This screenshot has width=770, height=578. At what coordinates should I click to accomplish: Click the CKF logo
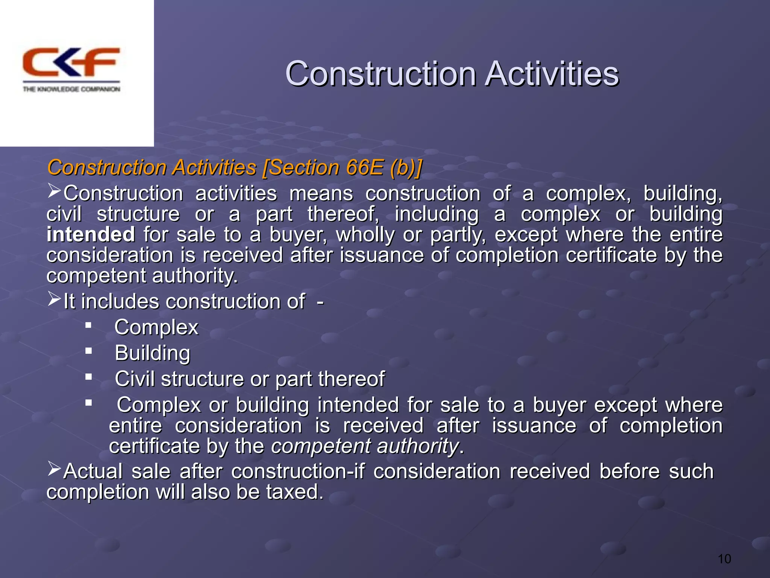[x=71, y=62]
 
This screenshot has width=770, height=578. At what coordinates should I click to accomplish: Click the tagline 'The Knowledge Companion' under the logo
[x=71, y=89]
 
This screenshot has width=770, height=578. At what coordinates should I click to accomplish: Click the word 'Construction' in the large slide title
[x=380, y=74]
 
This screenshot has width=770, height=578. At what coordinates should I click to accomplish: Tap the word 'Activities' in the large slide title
[x=552, y=74]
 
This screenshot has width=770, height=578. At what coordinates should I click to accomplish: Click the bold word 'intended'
[x=91, y=234]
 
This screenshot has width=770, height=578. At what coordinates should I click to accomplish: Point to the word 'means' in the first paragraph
[x=321, y=194]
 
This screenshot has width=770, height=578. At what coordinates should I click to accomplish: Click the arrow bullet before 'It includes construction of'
[x=54, y=299]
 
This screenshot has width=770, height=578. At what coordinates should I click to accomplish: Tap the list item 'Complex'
[x=156, y=327]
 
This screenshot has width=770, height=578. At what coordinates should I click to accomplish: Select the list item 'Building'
[x=152, y=353]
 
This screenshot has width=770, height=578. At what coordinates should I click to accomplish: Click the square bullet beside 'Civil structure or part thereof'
[x=89, y=377]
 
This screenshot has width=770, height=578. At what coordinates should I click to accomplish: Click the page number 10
[x=724, y=559]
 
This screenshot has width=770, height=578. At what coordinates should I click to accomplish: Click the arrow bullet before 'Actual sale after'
[x=54, y=469]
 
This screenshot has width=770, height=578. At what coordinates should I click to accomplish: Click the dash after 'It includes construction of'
[x=320, y=301]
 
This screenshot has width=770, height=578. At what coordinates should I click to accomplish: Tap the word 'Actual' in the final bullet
[x=93, y=471]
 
